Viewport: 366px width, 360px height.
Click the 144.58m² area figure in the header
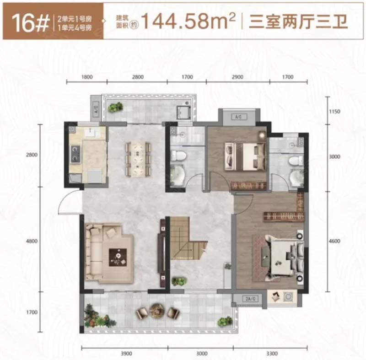coord(188,21)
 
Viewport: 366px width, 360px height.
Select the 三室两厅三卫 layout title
coord(298,21)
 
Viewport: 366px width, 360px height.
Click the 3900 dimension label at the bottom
coord(126,354)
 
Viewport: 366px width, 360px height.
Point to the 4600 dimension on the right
coord(334,241)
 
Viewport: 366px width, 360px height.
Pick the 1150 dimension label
coord(334,112)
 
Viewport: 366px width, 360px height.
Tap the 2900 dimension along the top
coord(237,77)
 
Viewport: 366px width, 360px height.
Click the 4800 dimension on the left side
coord(32,241)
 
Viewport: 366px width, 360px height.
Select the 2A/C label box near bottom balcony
coord(250,298)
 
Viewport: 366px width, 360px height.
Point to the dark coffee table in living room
coord(118,257)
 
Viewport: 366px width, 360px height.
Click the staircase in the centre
coord(187,238)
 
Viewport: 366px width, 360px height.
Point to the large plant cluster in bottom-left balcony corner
coord(96,316)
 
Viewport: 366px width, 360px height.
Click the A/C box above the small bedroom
coord(239,117)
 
